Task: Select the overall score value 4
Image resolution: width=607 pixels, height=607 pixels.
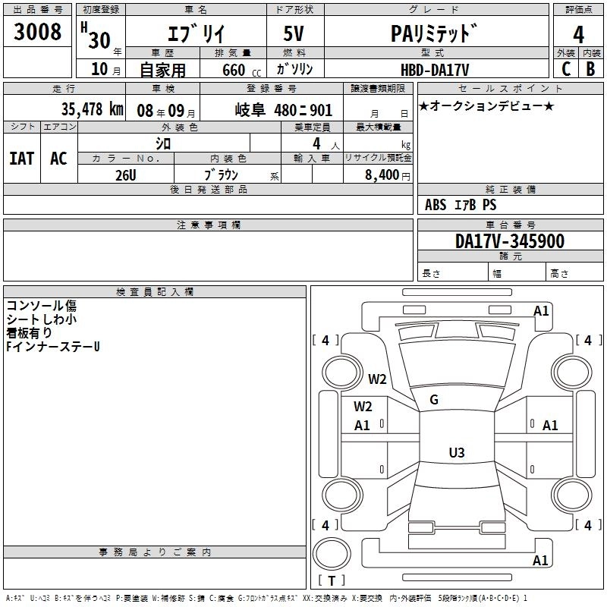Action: coord(578,34)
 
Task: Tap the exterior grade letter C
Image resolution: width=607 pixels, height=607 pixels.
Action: coord(565,68)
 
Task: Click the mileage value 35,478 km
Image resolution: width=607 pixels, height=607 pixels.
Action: coord(92,109)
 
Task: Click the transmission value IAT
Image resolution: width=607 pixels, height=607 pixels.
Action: coord(21,158)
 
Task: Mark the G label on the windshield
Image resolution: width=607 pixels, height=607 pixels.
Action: coord(434,400)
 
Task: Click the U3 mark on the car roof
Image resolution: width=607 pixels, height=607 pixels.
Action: coord(456,453)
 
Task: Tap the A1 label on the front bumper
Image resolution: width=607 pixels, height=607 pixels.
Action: coord(540,310)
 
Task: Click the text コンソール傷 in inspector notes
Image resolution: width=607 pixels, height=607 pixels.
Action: coord(41,306)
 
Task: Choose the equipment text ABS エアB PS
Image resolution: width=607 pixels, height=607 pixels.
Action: coord(461,205)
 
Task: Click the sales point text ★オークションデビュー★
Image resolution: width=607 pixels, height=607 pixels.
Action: coord(486,106)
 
